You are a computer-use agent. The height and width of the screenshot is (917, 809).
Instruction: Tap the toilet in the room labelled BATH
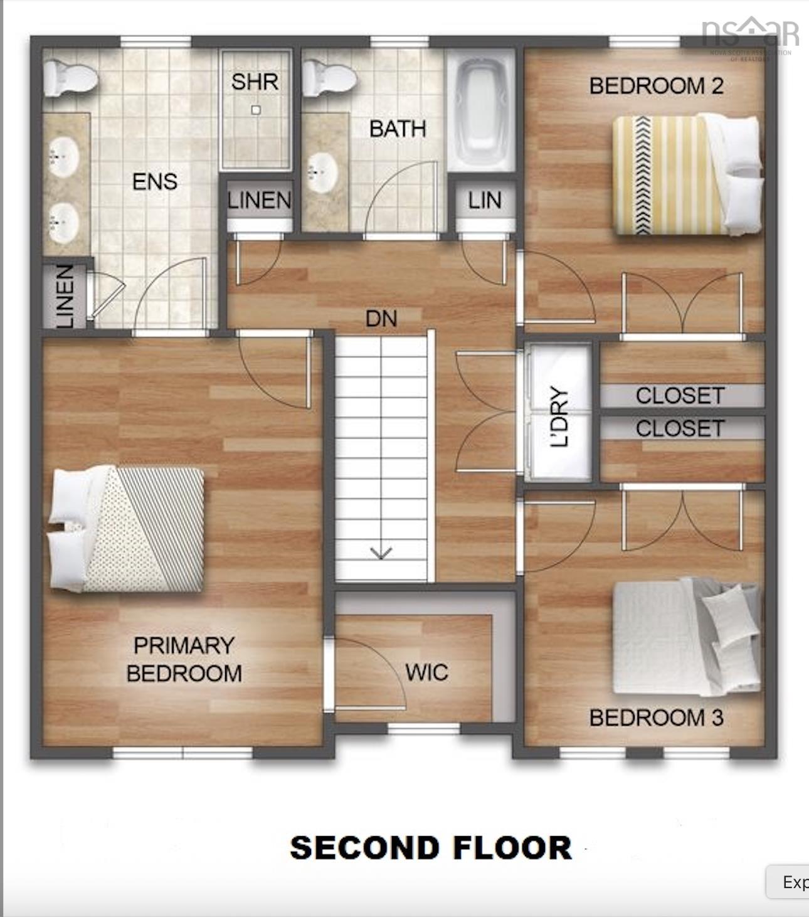(x=329, y=78)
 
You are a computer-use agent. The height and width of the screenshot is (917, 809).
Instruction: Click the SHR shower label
(x=255, y=82)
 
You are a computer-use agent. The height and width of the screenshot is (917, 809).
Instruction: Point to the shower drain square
(x=255, y=110)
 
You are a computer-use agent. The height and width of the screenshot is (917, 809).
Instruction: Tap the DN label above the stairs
(x=381, y=319)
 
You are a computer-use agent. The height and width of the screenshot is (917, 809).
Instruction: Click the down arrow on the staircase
(x=381, y=552)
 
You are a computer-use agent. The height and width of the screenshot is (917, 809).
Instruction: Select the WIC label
(x=426, y=672)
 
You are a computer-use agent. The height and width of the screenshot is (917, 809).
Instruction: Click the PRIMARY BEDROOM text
(x=184, y=659)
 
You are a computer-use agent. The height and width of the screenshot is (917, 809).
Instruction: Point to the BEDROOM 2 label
(x=656, y=86)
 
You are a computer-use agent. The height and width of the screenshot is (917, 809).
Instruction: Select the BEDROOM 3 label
(x=656, y=718)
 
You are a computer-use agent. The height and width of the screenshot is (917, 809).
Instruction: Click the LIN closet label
(x=485, y=201)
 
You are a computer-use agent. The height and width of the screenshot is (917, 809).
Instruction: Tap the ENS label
(x=155, y=182)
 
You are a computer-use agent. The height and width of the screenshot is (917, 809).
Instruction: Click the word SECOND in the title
(x=364, y=848)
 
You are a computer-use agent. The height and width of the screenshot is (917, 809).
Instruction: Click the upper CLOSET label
(x=680, y=396)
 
